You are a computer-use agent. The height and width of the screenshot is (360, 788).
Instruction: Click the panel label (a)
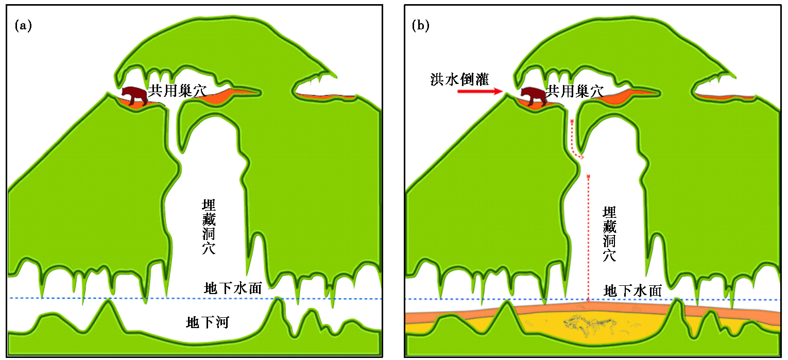(24, 26)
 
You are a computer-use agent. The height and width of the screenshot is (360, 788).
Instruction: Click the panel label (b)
(421, 26)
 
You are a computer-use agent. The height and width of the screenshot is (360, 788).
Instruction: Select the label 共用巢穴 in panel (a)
(177, 92)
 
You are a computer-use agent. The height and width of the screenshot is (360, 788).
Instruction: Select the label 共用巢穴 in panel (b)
(575, 92)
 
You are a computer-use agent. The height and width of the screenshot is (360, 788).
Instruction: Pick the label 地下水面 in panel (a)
(233, 288)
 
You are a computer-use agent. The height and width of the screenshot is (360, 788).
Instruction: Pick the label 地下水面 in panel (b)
(632, 291)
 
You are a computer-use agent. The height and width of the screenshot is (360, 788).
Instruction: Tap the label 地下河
(207, 323)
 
